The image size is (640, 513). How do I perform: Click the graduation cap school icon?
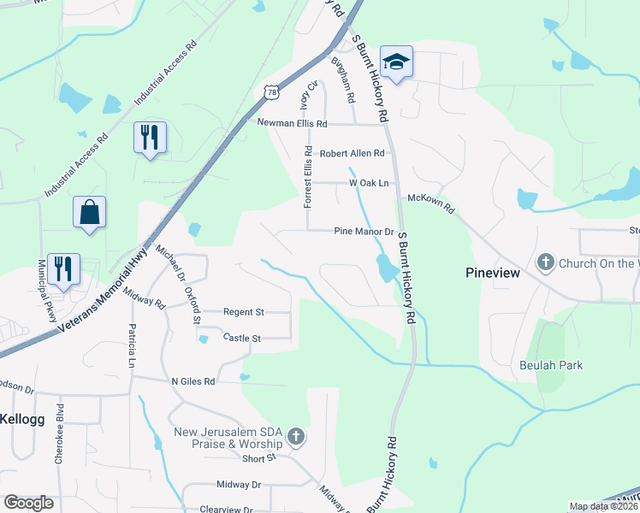(397, 62)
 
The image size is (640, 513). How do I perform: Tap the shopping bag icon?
(90, 212)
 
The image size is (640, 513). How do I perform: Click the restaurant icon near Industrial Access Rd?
(151, 137)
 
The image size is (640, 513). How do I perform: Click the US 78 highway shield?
(270, 91)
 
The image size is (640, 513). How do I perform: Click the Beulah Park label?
(551, 365)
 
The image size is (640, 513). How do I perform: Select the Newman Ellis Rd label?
(293, 123)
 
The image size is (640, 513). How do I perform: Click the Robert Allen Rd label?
(353, 153)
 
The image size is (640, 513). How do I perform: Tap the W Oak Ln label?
(369, 183)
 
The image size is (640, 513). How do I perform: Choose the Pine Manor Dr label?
(363, 231)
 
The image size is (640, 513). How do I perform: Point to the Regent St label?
(244, 313)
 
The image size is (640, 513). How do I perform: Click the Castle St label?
(241, 339)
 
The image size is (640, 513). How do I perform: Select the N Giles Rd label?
(193, 381)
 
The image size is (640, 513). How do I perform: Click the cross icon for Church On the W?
(546, 262)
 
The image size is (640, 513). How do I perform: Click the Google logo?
(28, 503)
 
